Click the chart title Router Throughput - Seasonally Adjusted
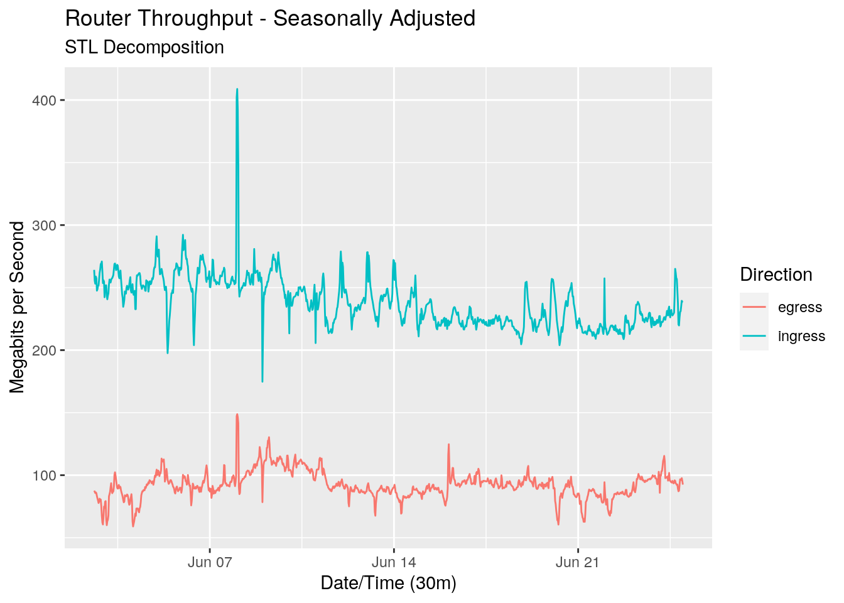point(270,19)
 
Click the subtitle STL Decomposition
point(144,48)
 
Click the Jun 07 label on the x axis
point(210,562)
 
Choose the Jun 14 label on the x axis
point(394,562)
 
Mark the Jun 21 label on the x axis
point(578,562)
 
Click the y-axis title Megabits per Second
point(18,307)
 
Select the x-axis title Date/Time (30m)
point(388,584)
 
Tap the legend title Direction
point(776,274)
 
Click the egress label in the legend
point(799,308)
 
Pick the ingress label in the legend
point(801,337)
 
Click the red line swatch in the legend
point(754,307)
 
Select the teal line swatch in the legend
point(754,336)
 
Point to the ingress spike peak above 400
point(237,89)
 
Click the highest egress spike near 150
point(237,415)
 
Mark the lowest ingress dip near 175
point(262,381)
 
